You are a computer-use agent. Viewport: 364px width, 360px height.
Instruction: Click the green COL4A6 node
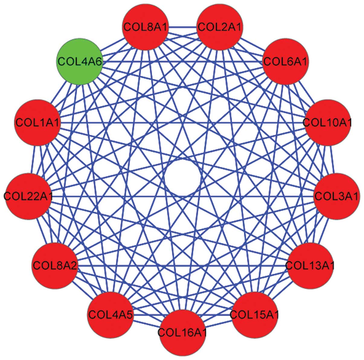(x=80, y=61)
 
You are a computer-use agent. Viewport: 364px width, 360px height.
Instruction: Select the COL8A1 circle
(x=145, y=27)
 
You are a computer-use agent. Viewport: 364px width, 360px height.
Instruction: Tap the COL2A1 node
(x=220, y=27)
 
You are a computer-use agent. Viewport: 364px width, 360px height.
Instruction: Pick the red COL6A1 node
(x=285, y=62)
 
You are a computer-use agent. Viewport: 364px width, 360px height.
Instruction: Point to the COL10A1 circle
(x=327, y=123)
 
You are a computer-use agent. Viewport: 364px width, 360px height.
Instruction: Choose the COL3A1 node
(x=337, y=196)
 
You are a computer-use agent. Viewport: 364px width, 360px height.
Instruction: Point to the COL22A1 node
(x=28, y=196)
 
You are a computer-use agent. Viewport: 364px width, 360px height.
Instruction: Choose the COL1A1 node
(x=38, y=123)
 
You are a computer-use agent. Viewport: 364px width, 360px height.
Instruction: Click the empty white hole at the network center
(x=182, y=178)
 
